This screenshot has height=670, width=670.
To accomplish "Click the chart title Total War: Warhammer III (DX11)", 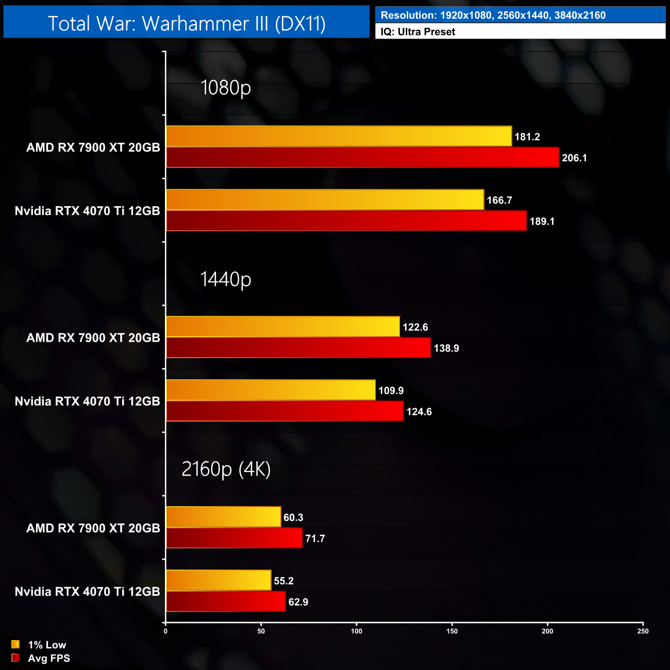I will (x=187, y=23).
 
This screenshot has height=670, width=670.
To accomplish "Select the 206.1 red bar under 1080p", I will (x=362, y=157).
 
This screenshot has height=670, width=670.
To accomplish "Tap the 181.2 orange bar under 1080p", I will (x=339, y=136).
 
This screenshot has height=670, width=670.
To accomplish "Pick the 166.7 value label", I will (x=499, y=200).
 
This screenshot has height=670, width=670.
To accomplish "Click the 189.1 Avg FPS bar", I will (x=346, y=221).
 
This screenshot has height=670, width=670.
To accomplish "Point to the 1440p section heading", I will (x=225, y=279).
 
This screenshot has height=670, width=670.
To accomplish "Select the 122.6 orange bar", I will (x=283, y=327).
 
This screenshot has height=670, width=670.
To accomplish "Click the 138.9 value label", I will (x=446, y=348).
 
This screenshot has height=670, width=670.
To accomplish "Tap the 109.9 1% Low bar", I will (x=271, y=390).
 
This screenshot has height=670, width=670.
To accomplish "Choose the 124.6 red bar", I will (x=284, y=411).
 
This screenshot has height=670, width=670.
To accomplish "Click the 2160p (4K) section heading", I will (x=226, y=469).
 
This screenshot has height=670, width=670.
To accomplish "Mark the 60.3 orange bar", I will (x=224, y=517).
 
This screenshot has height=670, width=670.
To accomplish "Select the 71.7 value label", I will (x=315, y=539).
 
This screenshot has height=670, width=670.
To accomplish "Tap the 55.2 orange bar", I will (x=219, y=580).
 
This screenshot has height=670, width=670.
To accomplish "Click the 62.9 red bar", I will (x=226, y=601).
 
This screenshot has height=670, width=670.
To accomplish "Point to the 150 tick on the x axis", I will (x=452, y=631).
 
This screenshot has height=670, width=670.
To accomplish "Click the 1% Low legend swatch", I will (x=15, y=644).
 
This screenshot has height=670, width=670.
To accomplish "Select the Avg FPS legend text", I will (x=49, y=658).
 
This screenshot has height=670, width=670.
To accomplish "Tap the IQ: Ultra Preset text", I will (x=418, y=32).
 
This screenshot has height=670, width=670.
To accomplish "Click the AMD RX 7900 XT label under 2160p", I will (x=93, y=528).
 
